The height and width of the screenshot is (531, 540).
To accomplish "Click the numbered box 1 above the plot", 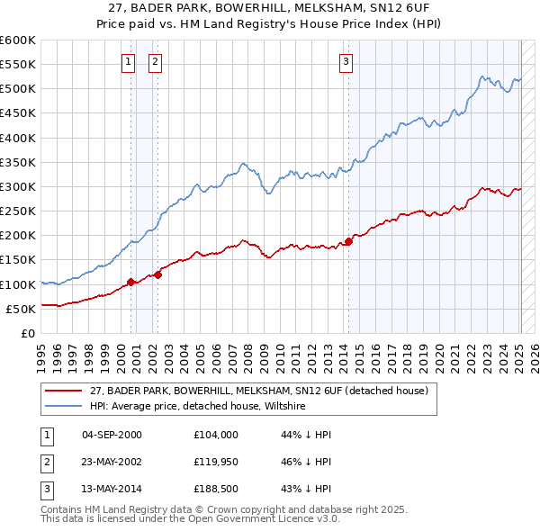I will tap(128, 62).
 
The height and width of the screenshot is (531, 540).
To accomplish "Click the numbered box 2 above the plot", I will tap(155, 62).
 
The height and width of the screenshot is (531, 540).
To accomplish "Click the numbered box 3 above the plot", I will tap(346, 62).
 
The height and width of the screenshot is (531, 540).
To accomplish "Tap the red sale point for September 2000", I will tap(130, 282).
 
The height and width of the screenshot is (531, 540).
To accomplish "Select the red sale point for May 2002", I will tap(157, 274).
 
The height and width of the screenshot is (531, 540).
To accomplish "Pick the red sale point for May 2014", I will tap(348, 240).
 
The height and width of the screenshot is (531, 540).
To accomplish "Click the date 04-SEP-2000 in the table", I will tap(112, 435).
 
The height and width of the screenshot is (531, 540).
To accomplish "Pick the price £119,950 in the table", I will tap(216, 463).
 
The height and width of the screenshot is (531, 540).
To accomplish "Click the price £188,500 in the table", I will tap(216, 490).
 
